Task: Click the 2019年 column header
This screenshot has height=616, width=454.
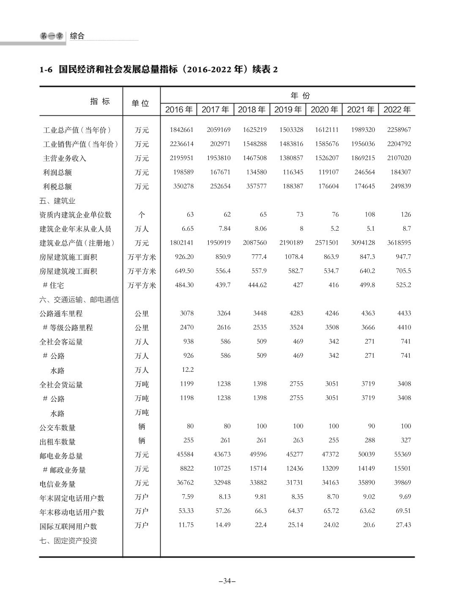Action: [288, 110]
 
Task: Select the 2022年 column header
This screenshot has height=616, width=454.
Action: [397, 110]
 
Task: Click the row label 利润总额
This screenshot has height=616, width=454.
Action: [57, 172]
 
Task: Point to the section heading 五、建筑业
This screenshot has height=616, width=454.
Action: [57, 201]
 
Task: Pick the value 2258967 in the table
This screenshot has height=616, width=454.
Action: [399, 130]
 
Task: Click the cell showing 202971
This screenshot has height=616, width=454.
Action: [220, 144]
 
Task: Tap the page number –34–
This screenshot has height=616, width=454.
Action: [227, 581]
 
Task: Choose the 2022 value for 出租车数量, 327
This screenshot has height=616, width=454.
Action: [405, 440]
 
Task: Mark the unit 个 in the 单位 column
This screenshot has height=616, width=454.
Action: [142, 215]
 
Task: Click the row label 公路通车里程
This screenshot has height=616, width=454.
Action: [61, 313]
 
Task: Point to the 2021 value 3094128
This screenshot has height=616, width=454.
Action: [362, 243]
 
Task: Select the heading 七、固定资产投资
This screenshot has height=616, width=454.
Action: [68, 541]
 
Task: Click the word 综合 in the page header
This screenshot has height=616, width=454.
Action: [77, 36]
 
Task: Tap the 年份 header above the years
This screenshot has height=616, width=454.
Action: [300, 95]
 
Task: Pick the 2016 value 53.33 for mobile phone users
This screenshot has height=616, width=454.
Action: [186, 511]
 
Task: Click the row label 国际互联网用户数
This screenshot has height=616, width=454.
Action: [68, 526]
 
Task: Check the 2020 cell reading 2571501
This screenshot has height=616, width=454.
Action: [326, 243]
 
